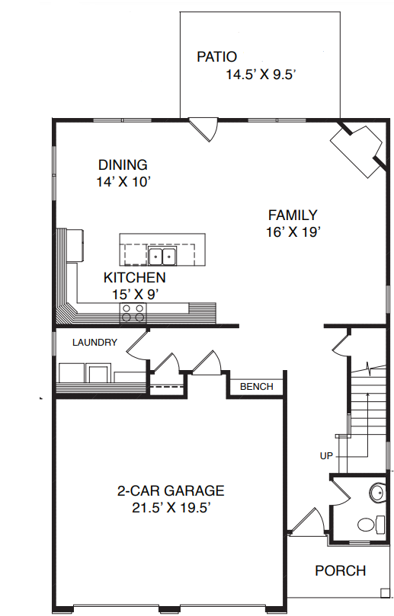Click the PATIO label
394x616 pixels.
pos(216,57)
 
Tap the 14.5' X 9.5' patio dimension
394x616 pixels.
pos(261,75)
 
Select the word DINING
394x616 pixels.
pos(123,164)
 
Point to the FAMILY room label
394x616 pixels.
pos(293,215)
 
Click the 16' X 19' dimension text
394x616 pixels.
pos(293,232)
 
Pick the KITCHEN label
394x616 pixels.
pos(134,277)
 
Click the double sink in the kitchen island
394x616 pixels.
pos(162,256)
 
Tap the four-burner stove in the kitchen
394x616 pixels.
pos(133,313)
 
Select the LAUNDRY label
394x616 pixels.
pos(94,342)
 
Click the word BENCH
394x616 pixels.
pos(256,387)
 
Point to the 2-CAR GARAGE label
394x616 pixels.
pos(171,490)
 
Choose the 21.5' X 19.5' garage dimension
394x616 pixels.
pos(170,508)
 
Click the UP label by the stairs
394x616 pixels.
pos(326,455)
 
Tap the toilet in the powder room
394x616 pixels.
pos(371,525)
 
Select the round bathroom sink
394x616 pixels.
pos(377,492)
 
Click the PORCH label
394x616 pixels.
pos(341,570)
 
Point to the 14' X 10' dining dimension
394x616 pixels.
pos(124,182)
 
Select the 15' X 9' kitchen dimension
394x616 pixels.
pos(135,294)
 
